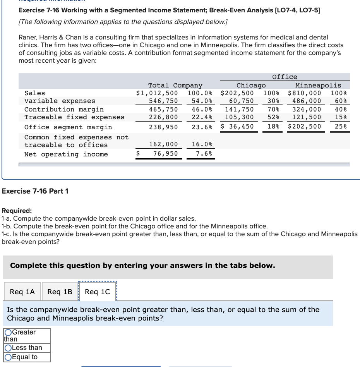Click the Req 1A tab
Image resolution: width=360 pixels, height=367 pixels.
tap(22, 292)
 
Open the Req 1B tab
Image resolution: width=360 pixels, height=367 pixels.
tap(60, 292)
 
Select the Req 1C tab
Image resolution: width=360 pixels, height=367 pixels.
tap(97, 292)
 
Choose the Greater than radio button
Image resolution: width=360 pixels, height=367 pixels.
tap(8, 333)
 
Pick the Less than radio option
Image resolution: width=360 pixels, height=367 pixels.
tap(8, 348)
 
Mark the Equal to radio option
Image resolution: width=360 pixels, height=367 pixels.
tap(8, 357)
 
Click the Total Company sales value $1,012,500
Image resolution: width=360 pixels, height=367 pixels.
tap(157, 93)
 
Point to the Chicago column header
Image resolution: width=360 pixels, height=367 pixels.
tap(251, 85)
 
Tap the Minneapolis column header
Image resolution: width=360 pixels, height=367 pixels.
tap(318, 85)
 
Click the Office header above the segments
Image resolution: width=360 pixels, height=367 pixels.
tap(285, 77)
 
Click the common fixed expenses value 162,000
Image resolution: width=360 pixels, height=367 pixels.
tap(163, 144)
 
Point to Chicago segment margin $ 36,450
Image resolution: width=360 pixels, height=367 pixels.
tap(237, 126)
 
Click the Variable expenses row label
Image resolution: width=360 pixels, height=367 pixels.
tap(60, 101)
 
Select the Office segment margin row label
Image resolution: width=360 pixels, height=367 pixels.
tap(68, 127)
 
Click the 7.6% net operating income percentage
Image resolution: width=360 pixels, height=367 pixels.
tap(204, 154)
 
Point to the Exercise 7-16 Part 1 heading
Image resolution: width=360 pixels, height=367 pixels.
tap(35, 191)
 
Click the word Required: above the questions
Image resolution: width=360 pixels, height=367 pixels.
tap(17, 211)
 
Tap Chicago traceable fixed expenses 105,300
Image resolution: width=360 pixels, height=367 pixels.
tap(239, 117)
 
